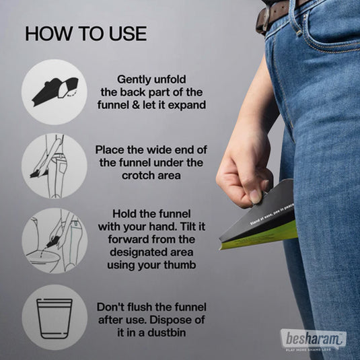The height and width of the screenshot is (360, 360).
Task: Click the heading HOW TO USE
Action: pyautogui.click(x=85, y=34)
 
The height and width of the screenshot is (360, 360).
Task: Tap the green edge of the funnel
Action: pyautogui.click(x=262, y=238)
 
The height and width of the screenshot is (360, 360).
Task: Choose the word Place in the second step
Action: pyautogui.click(x=110, y=149)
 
